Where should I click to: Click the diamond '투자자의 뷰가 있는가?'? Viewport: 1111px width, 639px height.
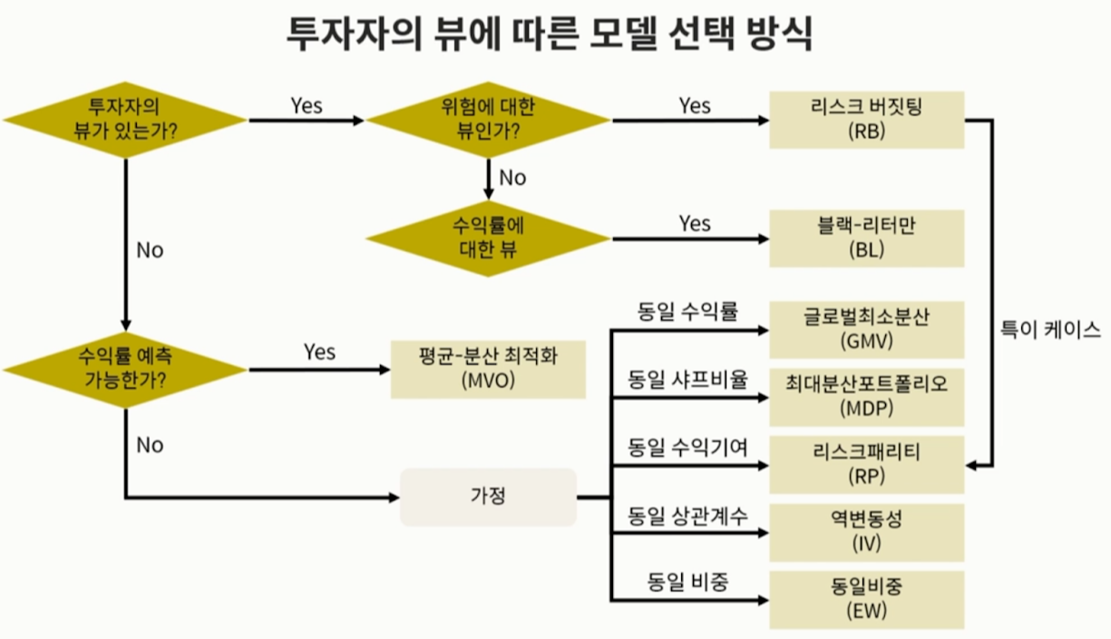pos(125,120)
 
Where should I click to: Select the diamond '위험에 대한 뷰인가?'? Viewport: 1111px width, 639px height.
pos(488,120)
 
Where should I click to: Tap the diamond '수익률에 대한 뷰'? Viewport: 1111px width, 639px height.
pos(488,238)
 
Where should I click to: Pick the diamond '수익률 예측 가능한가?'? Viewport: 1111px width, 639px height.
pos(125,368)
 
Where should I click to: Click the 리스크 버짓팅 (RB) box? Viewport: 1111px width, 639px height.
pos(866,120)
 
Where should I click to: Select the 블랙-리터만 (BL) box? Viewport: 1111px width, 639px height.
pos(866,238)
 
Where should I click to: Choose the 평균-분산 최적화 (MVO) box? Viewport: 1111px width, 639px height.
pos(488,369)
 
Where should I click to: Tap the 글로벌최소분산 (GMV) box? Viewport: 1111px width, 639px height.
pos(866,330)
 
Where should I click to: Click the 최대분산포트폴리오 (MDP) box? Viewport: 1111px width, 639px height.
pos(866,396)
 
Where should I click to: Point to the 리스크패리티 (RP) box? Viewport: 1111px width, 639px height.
pos(866,463)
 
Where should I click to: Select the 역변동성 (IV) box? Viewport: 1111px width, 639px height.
pos(866,532)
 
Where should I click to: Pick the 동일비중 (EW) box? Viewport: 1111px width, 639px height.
pos(866,599)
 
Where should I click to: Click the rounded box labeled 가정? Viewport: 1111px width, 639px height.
pos(488,497)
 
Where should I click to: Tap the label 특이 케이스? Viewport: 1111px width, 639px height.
pos(1050,330)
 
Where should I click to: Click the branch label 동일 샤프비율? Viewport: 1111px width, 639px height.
pos(688,380)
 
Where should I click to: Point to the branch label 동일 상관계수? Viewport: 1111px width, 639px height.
pos(688,517)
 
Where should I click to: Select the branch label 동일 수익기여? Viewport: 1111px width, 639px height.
pos(688,448)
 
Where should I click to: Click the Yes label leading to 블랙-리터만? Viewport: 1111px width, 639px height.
pos(695,223)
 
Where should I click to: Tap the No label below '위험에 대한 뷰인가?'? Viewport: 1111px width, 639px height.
pos(512,178)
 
